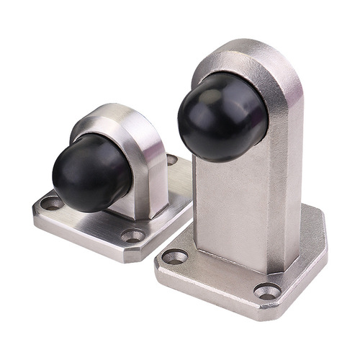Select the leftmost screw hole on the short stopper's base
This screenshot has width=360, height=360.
click(51, 204)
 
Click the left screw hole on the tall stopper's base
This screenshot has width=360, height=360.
click(175, 256)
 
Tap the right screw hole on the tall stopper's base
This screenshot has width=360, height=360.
click(267, 292)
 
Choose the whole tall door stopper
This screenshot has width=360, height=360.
click(241, 180)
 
